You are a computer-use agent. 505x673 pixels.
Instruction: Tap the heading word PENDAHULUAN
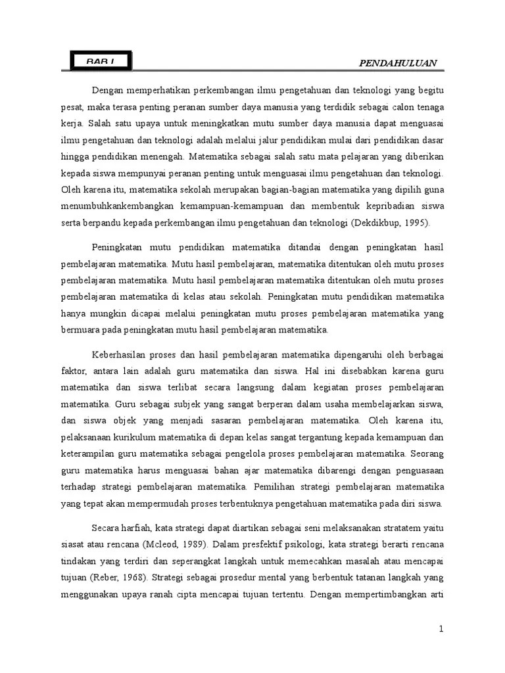pos(397,62)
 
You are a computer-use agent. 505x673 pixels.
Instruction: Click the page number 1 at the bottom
pos(442,629)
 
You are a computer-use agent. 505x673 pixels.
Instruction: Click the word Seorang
pos(427,454)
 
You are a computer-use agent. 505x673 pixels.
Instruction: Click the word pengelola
pos(274,454)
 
